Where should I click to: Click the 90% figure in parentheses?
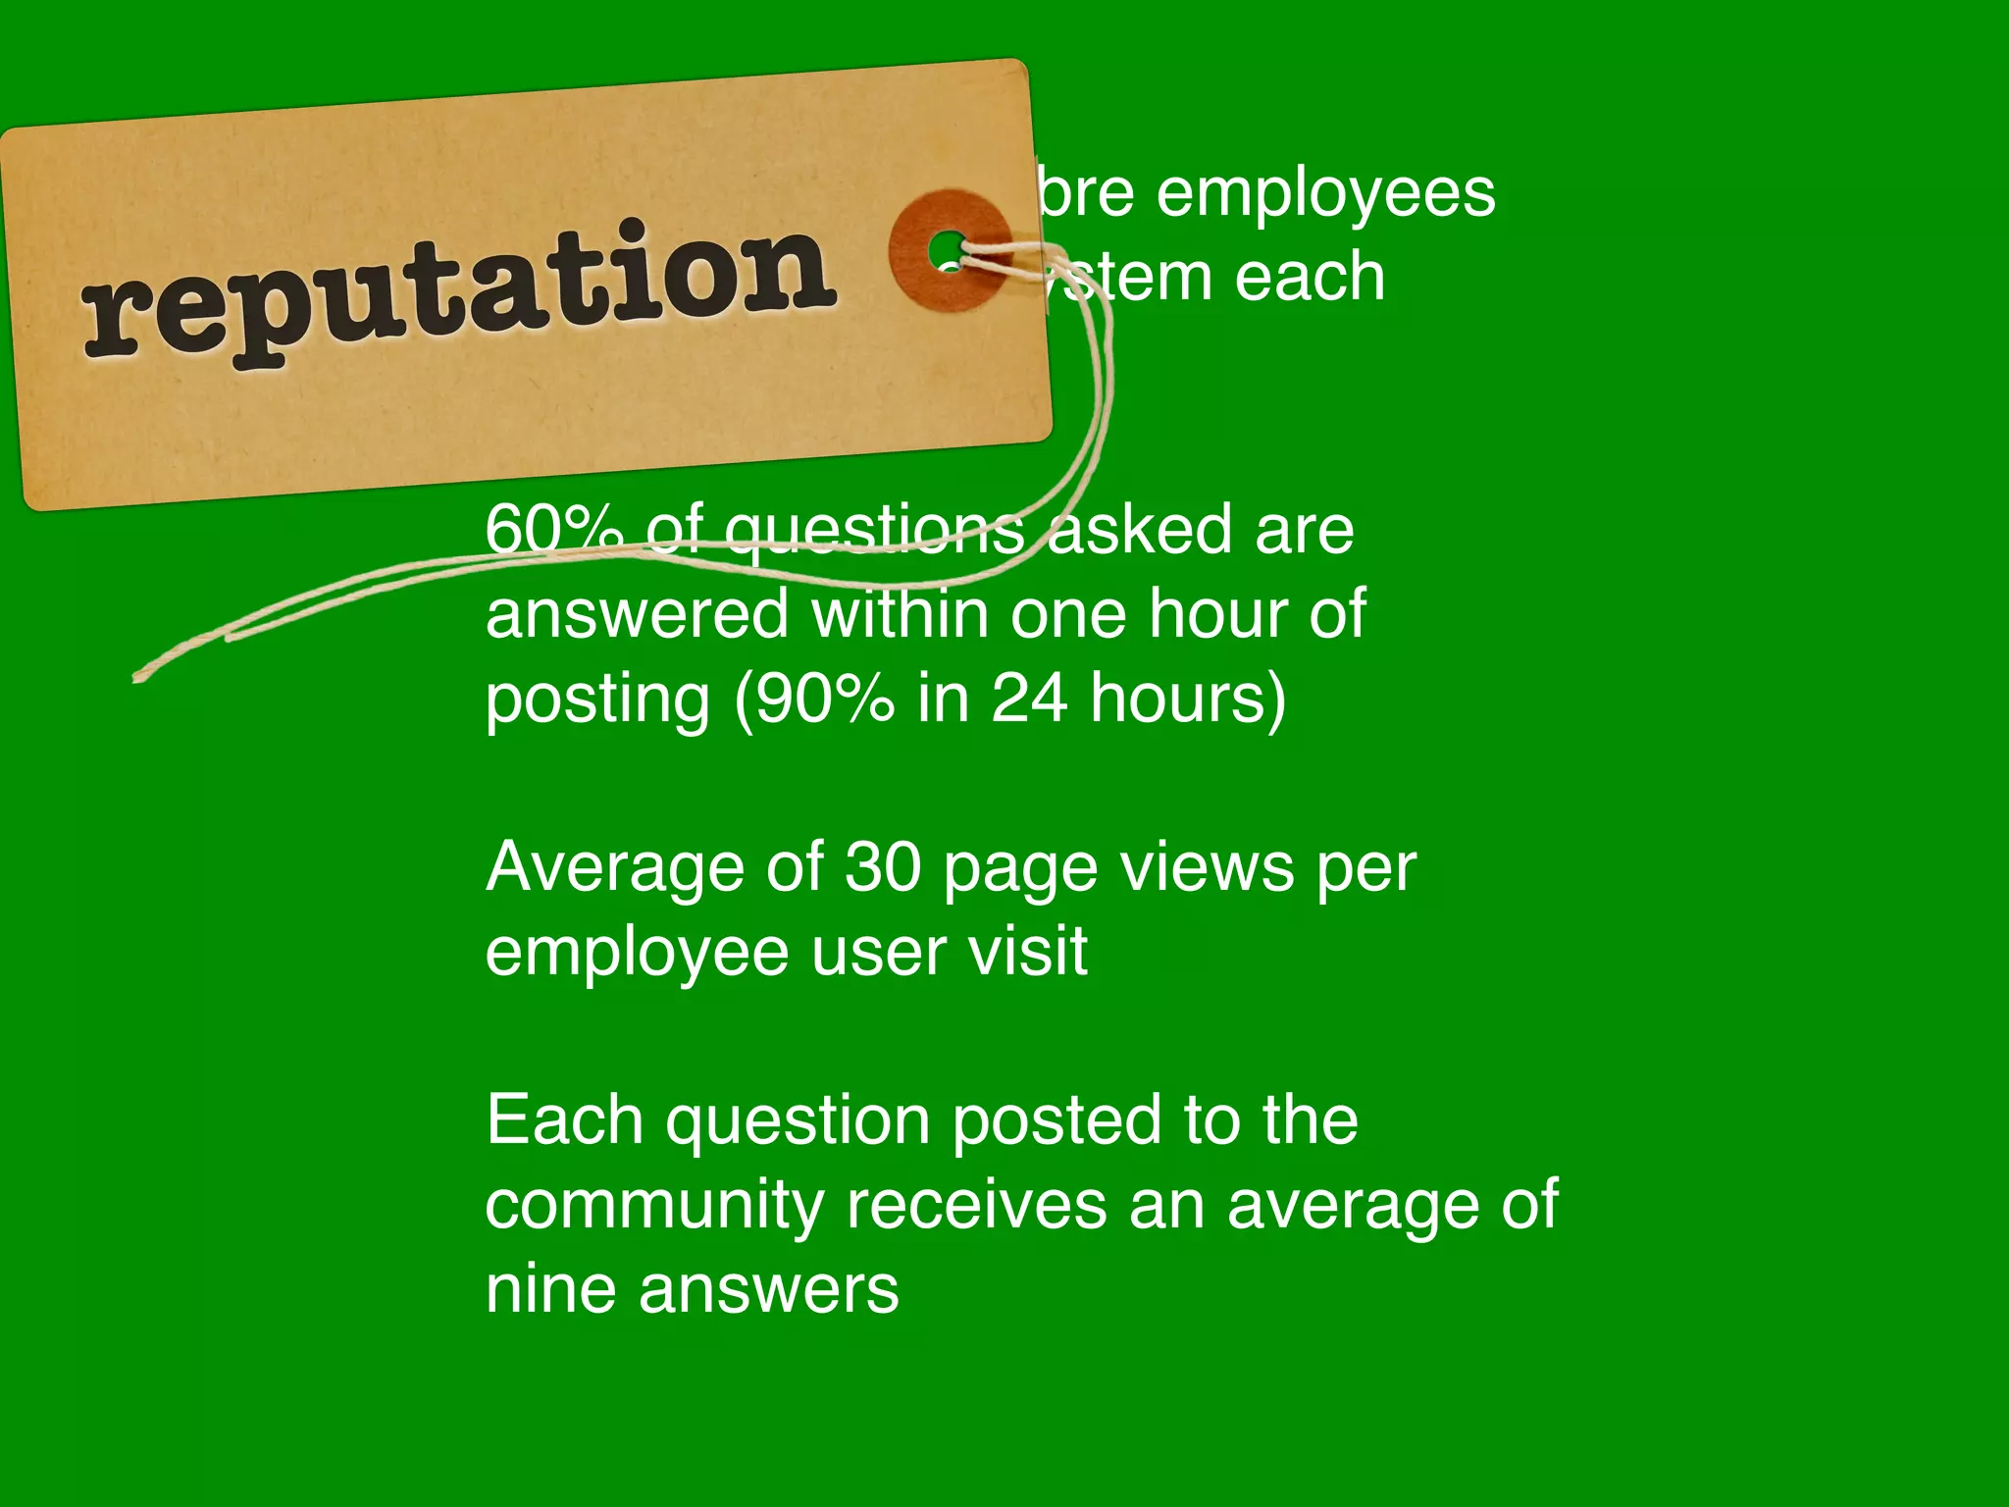click(x=825, y=699)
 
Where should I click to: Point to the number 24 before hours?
click(x=1029, y=699)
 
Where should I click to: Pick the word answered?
click(x=638, y=614)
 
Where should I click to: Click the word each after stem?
click(x=1310, y=278)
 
